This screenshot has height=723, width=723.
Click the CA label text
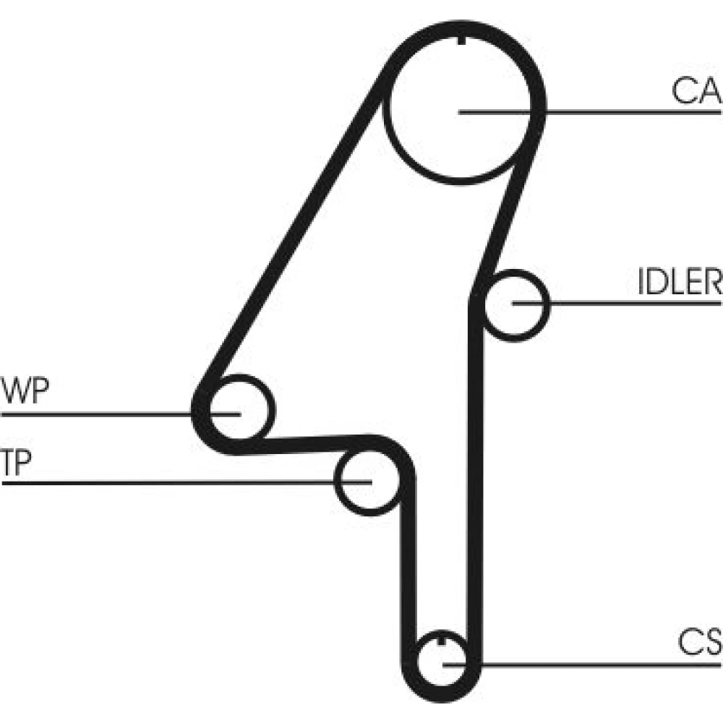point(696,92)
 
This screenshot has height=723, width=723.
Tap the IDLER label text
point(679,283)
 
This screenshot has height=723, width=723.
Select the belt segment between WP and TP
point(304,442)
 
